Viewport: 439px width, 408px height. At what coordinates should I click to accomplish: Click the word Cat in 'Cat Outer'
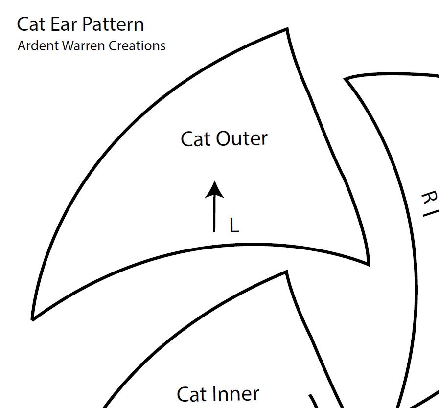196,139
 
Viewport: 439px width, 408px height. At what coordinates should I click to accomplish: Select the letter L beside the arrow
234,226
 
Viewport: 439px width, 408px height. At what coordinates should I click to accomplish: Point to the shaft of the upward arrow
214,215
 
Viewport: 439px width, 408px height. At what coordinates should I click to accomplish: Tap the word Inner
236,394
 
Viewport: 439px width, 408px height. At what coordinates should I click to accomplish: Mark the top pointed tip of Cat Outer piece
286,30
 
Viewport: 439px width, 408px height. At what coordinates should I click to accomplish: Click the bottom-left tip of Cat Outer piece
33,319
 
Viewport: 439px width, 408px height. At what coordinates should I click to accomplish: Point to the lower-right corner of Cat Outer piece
368,263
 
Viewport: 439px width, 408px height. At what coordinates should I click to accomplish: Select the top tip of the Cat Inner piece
287,273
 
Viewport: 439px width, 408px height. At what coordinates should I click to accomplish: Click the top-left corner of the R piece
347,79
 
